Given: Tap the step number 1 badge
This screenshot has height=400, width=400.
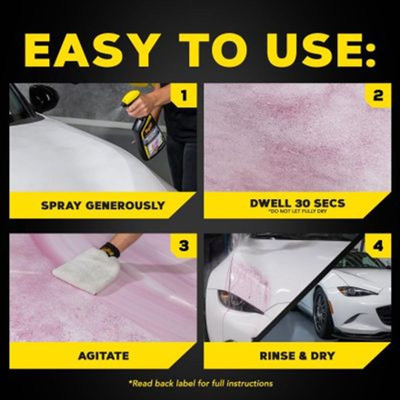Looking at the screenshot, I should point(183,95).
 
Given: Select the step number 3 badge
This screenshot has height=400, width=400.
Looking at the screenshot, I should point(183,246).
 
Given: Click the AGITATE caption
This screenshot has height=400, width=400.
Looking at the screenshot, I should point(103,356).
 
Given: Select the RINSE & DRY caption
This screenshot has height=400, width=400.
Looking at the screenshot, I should point(297,356).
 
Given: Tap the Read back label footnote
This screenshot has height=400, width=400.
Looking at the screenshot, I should point(200,383).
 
